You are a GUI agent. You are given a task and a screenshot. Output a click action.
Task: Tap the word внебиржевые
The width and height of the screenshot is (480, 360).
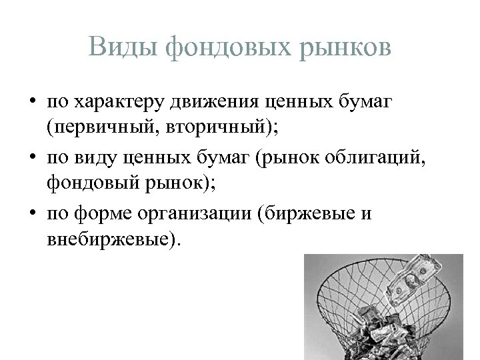(x=110, y=238)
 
